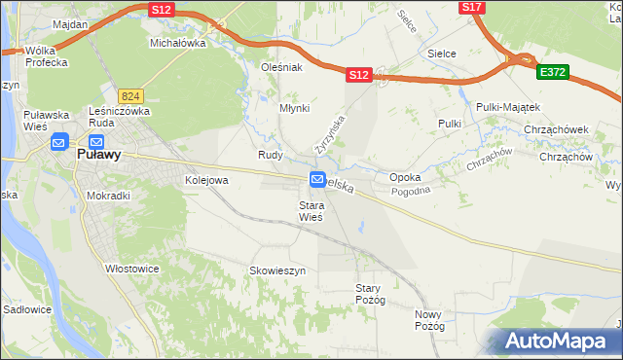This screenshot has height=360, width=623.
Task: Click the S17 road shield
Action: click(x=472, y=7)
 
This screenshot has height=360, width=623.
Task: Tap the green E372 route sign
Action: click(x=552, y=72)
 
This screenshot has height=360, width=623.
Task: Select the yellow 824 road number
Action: click(x=130, y=95)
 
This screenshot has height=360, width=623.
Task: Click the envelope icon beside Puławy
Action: click(x=58, y=142)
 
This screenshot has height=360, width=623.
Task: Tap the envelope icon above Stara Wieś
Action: click(x=318, y=179)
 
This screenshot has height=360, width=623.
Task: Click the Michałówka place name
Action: click(x=178, y=44)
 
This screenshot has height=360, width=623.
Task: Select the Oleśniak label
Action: click(x=282, y=68)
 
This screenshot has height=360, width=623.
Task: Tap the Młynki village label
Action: click(x=294, y=109)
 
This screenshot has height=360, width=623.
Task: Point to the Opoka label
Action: click(x=405, y=178)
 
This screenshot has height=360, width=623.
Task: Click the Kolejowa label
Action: click(x=206, y=180)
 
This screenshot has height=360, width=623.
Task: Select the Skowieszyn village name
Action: click(x=278, y=270)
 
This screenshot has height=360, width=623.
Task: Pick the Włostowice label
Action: click(x=133, y=268)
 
